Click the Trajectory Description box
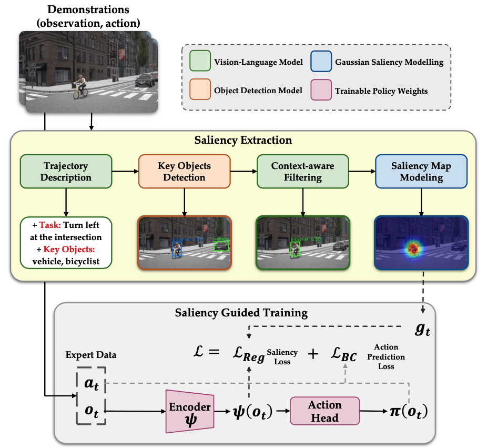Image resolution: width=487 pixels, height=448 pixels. click(x=66, y=171)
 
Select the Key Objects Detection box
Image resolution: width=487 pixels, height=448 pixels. click(x=184, y=171)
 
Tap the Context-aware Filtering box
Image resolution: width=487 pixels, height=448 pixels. click(x=302, y=171)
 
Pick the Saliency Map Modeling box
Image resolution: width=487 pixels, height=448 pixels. click(x=421, y=171)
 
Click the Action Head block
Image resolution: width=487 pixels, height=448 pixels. click(x=324, y=411)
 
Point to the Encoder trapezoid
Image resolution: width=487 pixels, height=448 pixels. click(x=189, y=411)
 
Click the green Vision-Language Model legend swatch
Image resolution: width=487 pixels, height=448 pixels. click(x=200, y=62)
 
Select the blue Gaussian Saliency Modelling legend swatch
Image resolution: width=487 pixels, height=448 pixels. click(x=321, y=62)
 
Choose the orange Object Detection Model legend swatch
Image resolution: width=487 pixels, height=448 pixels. click(x=200, y=90)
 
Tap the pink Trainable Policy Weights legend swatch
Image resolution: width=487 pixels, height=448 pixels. click(x=321, y=90)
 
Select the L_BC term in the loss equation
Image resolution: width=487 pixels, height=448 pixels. click(x=344, y=356)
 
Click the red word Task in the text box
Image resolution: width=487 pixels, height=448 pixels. click(x=50, y=225)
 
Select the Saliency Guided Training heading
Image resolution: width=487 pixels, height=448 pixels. click(x=241, y=313)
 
